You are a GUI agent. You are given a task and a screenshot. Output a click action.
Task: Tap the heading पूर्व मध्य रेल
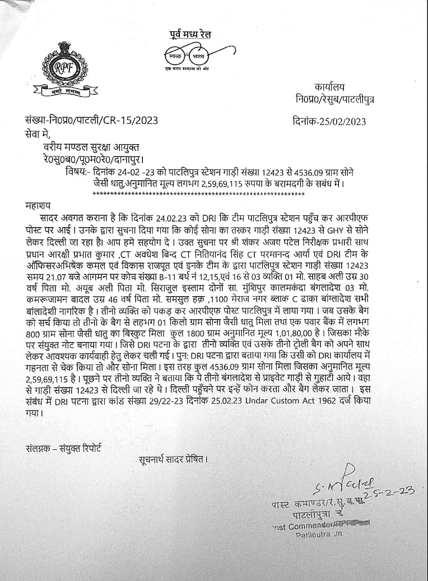tap(191, 35)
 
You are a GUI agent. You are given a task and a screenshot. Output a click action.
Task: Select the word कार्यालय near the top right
tap(330, 87)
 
